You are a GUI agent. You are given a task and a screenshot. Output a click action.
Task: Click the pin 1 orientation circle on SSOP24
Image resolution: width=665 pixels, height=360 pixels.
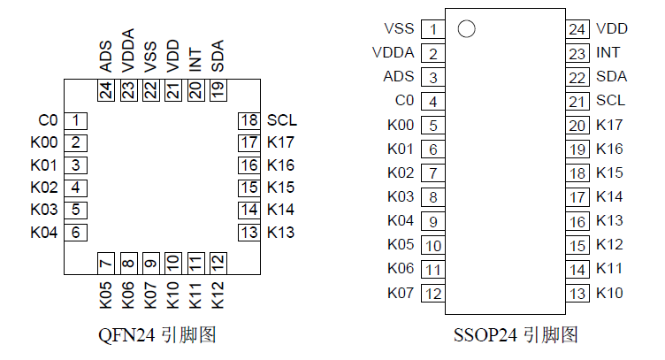[467, 29]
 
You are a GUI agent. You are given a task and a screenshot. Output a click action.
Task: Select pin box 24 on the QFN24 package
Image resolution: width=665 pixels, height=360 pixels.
[106, 89]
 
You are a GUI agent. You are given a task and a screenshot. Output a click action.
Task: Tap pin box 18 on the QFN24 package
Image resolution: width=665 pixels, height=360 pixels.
[248, 120]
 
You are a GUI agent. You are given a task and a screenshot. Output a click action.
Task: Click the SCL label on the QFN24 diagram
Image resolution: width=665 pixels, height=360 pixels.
[281, 120]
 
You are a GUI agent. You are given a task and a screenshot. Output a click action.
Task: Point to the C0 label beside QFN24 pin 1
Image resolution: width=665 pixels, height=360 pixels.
[49, 120]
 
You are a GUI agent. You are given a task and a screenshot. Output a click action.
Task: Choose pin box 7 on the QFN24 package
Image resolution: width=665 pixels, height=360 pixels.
[106, 263]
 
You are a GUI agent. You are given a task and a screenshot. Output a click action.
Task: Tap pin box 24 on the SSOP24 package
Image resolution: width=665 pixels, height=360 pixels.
[577, 29]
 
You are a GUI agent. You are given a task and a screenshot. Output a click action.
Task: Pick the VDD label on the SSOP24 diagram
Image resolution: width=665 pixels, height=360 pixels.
[612, 29]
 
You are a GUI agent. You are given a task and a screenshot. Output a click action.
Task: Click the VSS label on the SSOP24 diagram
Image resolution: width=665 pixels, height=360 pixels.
[400, 29]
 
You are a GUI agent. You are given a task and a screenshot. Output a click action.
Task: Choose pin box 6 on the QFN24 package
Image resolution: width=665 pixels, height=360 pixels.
[77, 233]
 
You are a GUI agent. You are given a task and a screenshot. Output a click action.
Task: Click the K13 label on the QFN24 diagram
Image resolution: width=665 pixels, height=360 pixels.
[281, 233]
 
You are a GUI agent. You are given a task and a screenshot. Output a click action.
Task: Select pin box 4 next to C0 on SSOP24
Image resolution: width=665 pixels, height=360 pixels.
[433, 101]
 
